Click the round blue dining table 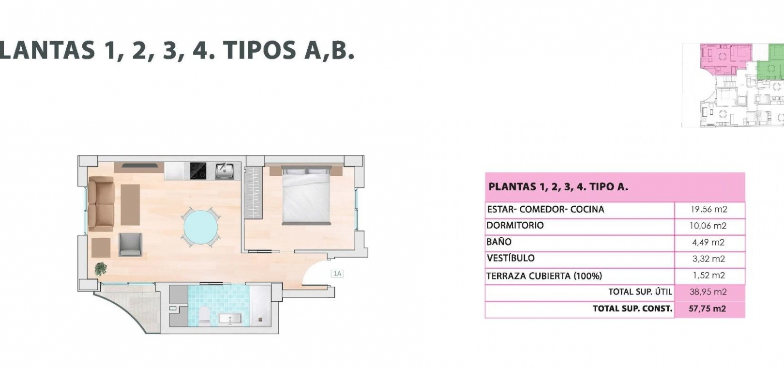point(200,227)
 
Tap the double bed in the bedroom point(306,196)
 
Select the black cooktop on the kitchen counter point(198,171)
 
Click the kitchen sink point(225,171)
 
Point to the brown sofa point(101,204)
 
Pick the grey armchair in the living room point(130,245)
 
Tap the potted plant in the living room point(101,269)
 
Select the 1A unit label point(337,274)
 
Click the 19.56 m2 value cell point(709,209)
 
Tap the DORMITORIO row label point(515,225)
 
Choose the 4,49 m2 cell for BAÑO point(708,242)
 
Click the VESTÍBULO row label point(511,258)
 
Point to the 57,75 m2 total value point(708,308)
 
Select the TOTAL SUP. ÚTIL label point(640,291)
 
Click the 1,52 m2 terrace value point(709,275)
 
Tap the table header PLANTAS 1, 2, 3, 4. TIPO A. point(558,186)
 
